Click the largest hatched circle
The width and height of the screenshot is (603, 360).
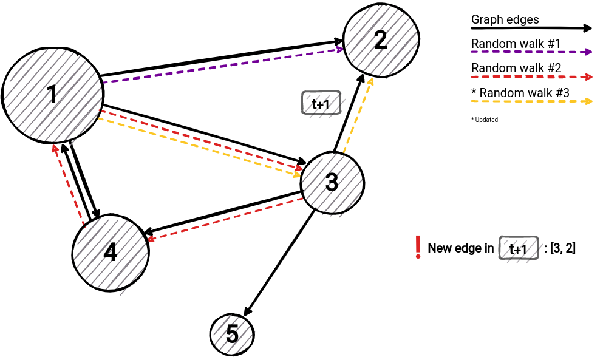(53, 95)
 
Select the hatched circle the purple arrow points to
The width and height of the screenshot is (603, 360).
(382, 41)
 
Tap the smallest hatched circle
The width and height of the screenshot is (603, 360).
(233, 335)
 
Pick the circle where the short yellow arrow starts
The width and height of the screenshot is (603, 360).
(332, 185)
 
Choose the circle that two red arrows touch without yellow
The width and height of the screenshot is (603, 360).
(111, 253)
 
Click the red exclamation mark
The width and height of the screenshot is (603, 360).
(418, 246)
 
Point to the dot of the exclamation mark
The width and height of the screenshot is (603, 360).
(418, 257)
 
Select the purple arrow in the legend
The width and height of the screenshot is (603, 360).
(531, 52)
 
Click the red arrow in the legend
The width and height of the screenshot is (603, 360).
(531, 77)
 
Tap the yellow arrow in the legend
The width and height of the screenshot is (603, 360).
(531, 101)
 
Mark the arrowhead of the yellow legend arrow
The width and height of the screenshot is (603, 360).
(588, 101)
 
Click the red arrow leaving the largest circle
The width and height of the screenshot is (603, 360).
(200, 140)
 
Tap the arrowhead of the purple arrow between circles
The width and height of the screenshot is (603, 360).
(341, 49)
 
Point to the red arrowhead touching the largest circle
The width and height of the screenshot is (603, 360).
(55, 148)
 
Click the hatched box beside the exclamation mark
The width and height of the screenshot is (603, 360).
(521, 250)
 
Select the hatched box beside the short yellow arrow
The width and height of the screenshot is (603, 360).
(324, 104)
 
